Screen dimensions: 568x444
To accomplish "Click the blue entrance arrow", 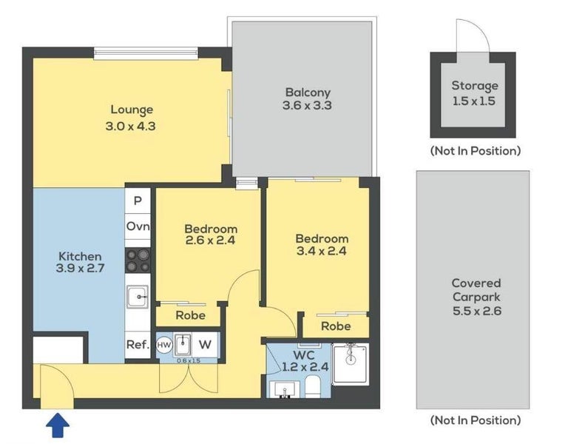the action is point(58,426).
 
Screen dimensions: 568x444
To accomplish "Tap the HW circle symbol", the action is point(163,345).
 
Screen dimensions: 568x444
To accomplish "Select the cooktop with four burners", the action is point(138,260).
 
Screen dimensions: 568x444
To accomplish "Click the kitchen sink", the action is point(138,297).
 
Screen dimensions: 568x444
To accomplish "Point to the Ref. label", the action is point(138,344).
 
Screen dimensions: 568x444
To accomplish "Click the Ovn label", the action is point(138,226).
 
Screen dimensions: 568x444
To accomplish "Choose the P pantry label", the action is point(138,201).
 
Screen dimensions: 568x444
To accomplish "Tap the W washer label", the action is point(205,344).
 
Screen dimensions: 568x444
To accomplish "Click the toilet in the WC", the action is point(312,386).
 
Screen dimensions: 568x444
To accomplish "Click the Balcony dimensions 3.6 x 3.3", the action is point(307,106).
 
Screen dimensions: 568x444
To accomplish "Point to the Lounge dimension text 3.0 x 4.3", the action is point(130,126).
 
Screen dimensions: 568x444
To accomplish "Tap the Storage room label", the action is point(475,87).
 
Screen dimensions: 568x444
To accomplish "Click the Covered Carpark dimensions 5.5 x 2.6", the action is point(477,311).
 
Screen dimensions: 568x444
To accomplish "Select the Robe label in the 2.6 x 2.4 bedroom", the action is point(191,315).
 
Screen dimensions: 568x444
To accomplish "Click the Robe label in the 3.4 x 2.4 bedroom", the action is point(336,326).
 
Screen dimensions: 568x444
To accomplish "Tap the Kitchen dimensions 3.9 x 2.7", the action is point(80,268).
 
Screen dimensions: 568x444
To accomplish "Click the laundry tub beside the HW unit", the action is point(183,345).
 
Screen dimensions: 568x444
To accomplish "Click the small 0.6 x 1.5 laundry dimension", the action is point(189,361).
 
